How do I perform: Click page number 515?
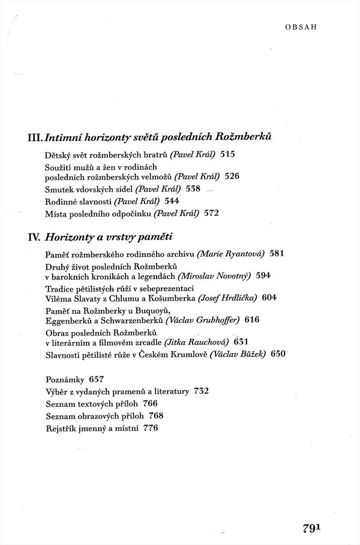pos(228,154)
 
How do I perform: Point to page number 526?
pos(232,176)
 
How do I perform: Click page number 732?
pos(201,391)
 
